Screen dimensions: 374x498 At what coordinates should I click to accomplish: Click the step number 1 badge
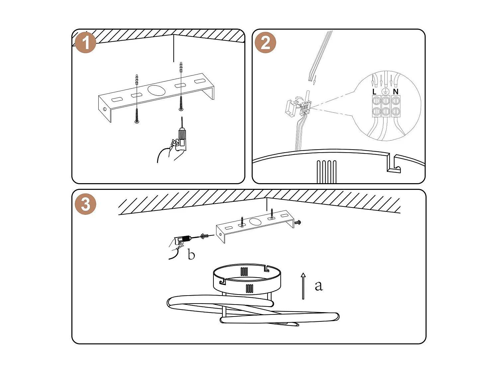pyautogui.click(x=86, y=43)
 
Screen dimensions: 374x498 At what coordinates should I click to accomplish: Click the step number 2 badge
pyautogui.click(x=265, y=43)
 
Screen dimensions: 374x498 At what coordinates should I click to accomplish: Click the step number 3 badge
pyautogui.click(x=86, y=204)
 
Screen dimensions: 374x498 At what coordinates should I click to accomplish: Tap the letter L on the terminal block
pyautogui.click(x=374, y=92)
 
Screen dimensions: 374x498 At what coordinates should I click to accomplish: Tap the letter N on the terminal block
pyautogui.click(x=395, y=91)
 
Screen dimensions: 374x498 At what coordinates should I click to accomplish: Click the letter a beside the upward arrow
pyautogui.click(x=319, y=286)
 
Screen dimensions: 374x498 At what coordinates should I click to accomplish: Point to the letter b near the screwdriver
pyautogui.click(x=191, y=255)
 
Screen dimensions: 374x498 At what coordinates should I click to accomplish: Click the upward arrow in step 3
pyautogui.click(x=303, y=286)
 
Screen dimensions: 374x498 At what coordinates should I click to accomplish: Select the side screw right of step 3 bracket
pyautogui.click(x=297, y=222)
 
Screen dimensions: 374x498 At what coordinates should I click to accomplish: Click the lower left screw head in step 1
pyautogui.click(x=137, y=122)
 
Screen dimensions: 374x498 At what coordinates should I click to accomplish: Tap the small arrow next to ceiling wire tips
pyautogui.click(x=315, y=79)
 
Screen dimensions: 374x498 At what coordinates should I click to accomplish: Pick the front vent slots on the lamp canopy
pyautogui.click(x=249, y=288)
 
